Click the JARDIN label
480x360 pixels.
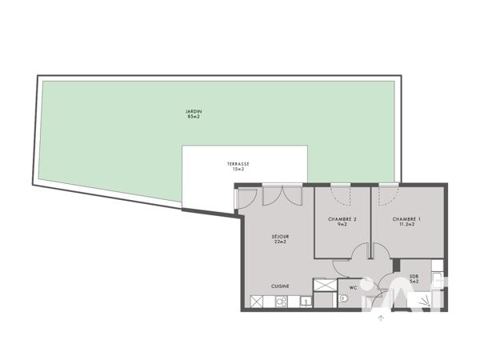191,110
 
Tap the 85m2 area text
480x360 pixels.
191,117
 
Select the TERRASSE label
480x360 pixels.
237,164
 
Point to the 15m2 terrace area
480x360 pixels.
237,170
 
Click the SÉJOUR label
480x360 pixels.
280,236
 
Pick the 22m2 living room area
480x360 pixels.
280,242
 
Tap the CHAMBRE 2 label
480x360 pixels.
342,218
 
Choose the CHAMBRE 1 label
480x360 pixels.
406,218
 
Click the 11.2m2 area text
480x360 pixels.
406,225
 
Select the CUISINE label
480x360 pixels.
280,286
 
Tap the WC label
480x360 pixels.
352,286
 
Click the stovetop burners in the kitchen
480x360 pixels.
281,302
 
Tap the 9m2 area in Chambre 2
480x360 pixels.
342,225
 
